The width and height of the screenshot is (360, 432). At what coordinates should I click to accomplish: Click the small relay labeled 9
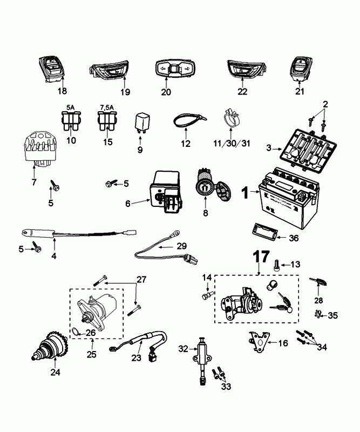(x=142, y=123)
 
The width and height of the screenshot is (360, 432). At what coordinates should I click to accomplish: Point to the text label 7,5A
(x=105, y=107)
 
